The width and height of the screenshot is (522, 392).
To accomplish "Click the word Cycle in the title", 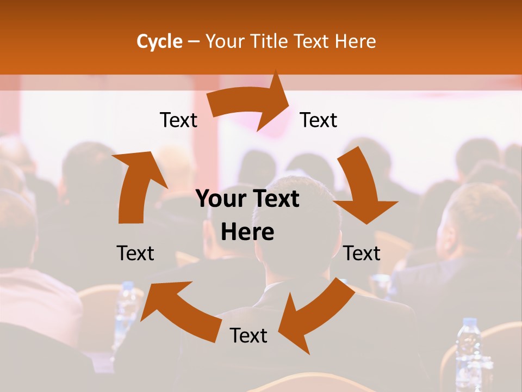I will [x=159, y=41].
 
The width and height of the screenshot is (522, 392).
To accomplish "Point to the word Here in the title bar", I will [x=355, y=41].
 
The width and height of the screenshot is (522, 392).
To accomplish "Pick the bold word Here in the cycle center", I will [x=247, y=232].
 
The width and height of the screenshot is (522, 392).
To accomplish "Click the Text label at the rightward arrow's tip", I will [x=319, y=120].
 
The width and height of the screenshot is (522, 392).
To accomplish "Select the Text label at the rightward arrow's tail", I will [x=178, y=120].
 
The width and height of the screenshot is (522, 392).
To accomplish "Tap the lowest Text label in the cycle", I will [x=248, y=335].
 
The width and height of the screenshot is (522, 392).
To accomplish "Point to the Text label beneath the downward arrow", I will [x=362, y=253].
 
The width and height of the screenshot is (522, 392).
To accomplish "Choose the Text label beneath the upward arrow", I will [x=135, y=253].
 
